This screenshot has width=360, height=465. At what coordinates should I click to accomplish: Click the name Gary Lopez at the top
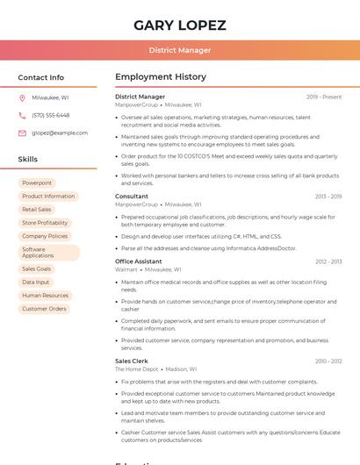point(180,25)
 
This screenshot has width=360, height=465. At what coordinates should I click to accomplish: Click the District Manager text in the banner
point(180,50)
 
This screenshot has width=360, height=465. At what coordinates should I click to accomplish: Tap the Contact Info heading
point(40,77)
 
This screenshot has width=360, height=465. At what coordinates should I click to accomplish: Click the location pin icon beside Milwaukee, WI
point(22,97)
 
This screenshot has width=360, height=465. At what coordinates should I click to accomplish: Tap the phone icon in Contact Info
point(22,115)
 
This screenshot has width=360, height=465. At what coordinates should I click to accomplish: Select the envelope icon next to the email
point(22,132)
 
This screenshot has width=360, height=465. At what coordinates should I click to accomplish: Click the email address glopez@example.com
point(60,132)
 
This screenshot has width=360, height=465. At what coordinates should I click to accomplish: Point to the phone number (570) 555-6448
point(50,115)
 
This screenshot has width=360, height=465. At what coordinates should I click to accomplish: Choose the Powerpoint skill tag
point(37,182)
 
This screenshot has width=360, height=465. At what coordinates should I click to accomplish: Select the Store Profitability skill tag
point(45,223)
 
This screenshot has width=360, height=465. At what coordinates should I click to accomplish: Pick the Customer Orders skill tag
point(44,309)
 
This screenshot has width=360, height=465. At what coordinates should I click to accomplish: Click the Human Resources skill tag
point(45,296)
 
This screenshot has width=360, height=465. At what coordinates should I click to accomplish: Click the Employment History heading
point(161,77)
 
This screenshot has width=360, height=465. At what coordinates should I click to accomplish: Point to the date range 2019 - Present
point(324,97)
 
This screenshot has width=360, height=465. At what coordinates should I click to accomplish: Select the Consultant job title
point(132,197)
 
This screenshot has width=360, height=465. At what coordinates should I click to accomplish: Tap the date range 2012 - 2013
point(328,261)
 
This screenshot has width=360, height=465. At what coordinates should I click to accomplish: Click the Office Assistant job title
point(139,261)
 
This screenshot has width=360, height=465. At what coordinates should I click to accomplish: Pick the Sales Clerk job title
point(132,361)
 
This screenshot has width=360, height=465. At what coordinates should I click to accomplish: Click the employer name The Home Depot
point(136,369)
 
